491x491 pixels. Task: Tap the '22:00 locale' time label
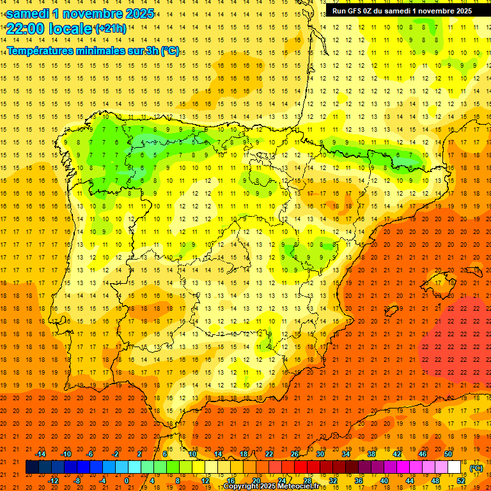coord(49,28)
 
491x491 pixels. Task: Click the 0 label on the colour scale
coord(126,481)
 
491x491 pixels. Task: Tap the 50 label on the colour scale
coord(448,454)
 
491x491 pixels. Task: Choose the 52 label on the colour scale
coord(461,481)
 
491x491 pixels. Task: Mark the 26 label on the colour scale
coord(295,454)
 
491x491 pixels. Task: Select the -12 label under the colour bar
coord(53,481)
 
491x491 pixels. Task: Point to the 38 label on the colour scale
coord(371,454)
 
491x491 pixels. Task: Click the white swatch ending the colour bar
coord(455,467)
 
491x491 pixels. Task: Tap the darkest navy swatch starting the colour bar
coord(32,467)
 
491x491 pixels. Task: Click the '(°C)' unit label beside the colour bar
coord(476,468)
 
